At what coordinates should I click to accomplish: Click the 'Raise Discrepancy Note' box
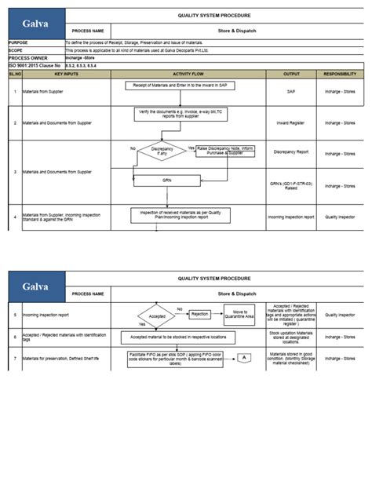coord(231,151)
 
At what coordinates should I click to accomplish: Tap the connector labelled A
coord(244,358)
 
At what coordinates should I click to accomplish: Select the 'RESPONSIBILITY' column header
coord(341,73)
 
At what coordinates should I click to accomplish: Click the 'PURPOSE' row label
coord(19,42)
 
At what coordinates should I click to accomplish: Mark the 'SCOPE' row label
coord(16,50)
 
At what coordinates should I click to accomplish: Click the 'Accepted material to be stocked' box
coord(181,337)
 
